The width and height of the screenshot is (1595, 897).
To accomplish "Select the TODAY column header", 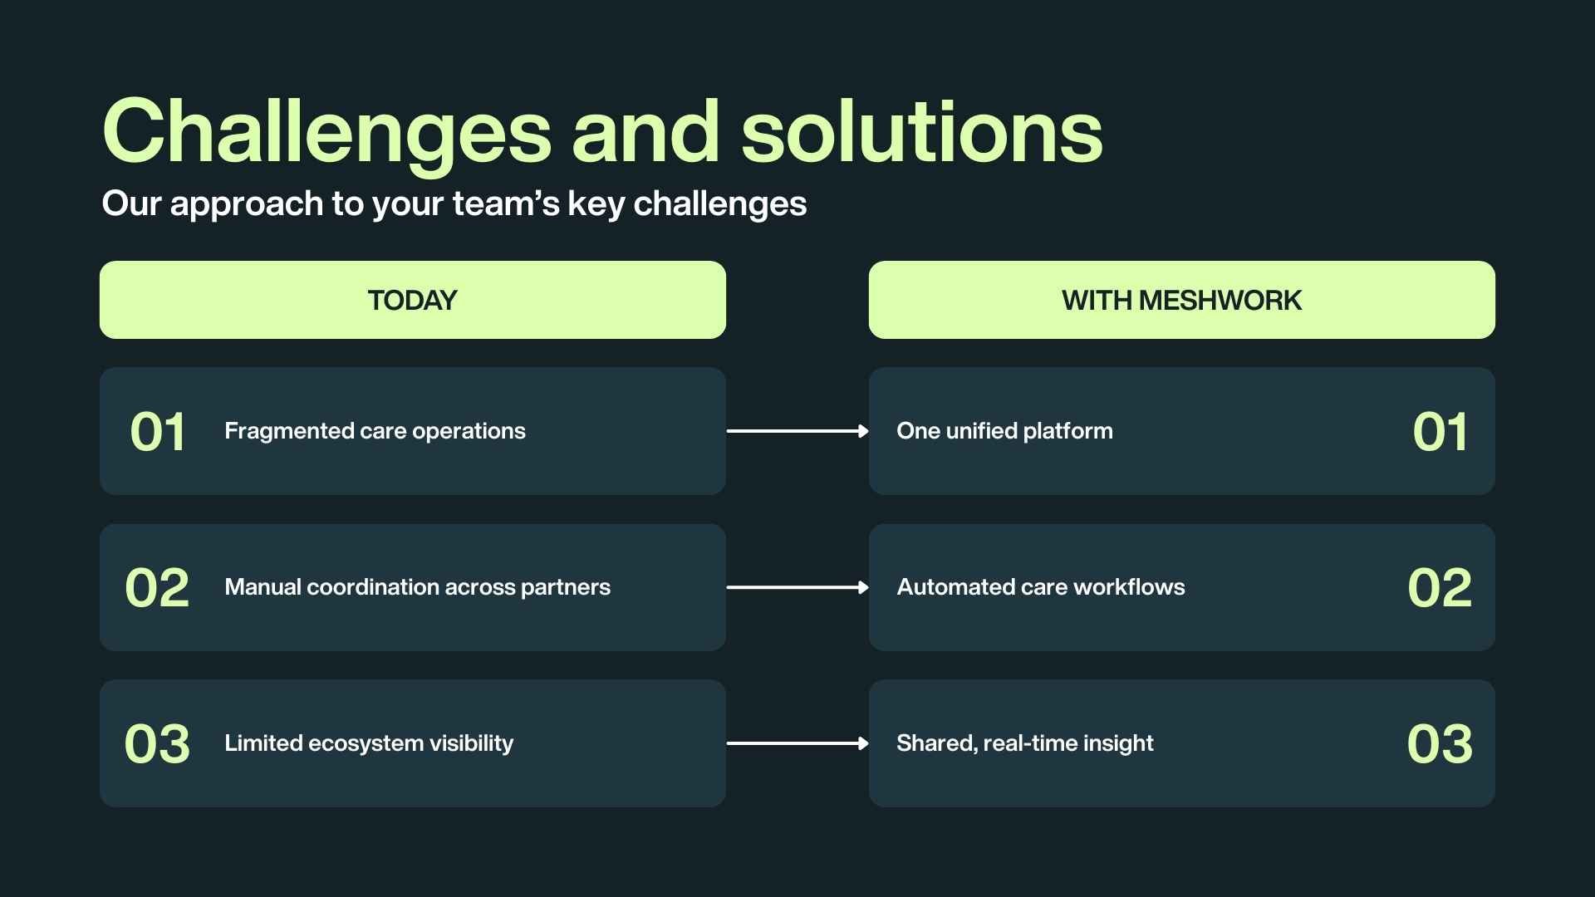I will pyautogui.click(x=412, y=300).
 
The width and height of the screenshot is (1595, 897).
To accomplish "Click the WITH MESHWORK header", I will pyautogui.click(x=1181, y=300).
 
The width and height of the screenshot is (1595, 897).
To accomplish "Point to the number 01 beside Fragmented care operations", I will pyautogui.click(x=157, y=432).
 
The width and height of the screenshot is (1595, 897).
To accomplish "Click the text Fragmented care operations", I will pyautogui.click(x=375, y=431).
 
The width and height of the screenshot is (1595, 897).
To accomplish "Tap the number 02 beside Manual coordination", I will pyautogui.click(x=157, y=588).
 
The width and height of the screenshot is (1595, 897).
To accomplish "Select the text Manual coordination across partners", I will pyautogui.click(x=417, y=587).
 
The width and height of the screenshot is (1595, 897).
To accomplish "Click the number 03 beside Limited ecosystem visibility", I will pyautogui.click(x=157, y=744).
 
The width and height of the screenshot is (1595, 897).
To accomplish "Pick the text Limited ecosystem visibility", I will pyautogui.click(x=369, y=743).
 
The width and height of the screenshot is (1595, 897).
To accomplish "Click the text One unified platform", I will pyautogui.click(x=1004, y=431).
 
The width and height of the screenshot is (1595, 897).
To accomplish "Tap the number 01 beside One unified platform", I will pyautogui.click(x=1440, y=432).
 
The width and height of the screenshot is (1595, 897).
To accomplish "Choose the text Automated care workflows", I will pyautogui.click(x=1040, y=587).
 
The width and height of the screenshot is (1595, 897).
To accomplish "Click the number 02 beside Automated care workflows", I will pyautogui.click(x=1440, y=588).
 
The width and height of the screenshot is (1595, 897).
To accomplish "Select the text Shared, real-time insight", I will pyautogui.click(x=1024, y=743).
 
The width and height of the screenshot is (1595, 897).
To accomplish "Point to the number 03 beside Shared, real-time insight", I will pyautogui.click(x=1440, y=744).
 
